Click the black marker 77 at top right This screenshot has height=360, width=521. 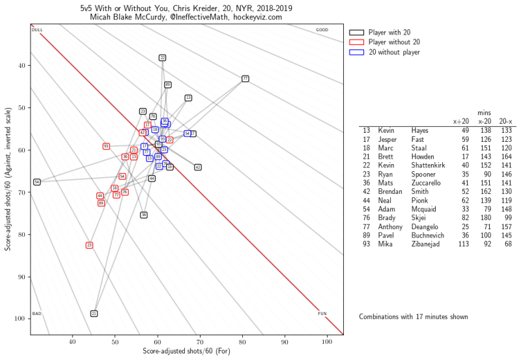(245, 78)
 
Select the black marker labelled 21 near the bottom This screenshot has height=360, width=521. (94, 314)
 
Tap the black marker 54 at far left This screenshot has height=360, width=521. (37, 182)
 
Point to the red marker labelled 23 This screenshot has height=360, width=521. (89, 245)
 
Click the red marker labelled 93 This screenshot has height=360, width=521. (106, 146)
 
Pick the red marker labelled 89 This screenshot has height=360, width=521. (101, 203)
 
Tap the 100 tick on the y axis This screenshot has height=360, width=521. (20, 318)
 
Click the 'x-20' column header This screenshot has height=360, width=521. (484, 121)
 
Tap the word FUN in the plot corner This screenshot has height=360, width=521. (322, 314)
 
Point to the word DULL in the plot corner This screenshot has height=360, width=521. (37, 30)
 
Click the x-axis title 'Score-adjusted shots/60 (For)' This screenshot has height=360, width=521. (186, 352)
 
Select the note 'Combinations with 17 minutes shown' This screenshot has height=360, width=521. (413, 316)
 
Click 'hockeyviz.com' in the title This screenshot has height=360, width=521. (259, 17)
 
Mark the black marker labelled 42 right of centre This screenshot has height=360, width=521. (197, 167)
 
